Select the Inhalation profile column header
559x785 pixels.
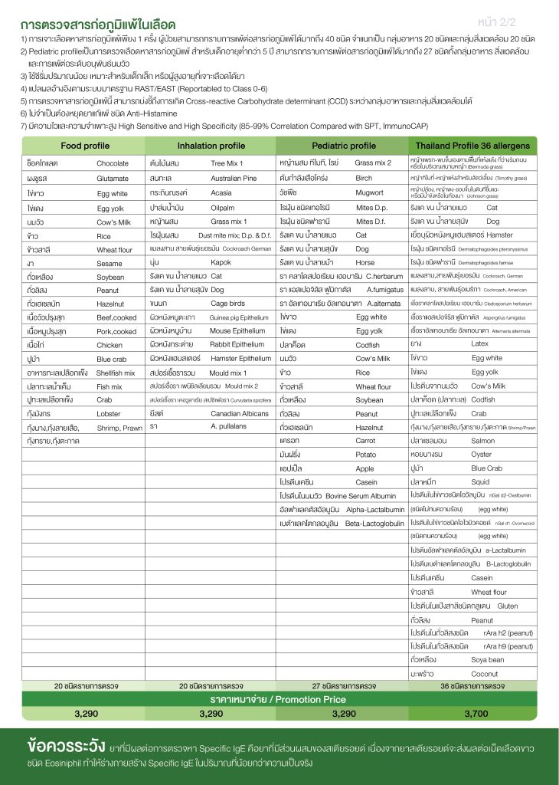211,146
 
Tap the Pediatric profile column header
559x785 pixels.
343,146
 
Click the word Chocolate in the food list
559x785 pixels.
113,163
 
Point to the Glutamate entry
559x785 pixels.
113,178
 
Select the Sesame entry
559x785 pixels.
110,262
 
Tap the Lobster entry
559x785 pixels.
110,413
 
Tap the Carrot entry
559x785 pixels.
366,442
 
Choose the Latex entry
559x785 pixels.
479,344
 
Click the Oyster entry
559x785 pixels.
482,455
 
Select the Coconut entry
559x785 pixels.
484,674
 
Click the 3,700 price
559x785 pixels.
475,714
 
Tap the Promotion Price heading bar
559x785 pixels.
279,699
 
